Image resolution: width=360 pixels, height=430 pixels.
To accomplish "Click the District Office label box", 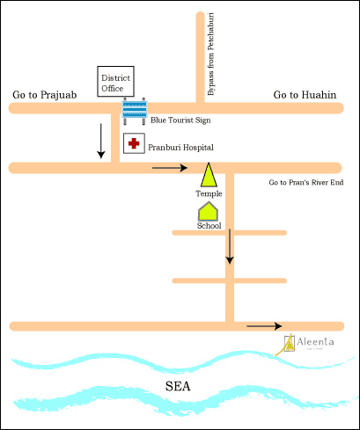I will pos(115,84).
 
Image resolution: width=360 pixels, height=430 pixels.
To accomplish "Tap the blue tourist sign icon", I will pos(134,111).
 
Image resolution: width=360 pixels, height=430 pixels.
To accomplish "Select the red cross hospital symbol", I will pos(134,144).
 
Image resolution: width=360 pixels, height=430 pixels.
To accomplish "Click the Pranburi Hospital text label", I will pos(180,147).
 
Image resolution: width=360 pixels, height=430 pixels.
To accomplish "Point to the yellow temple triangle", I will pos(209,176).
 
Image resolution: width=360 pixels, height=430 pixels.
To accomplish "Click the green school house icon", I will pos(208,210).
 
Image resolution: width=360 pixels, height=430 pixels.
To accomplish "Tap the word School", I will pos(209,225).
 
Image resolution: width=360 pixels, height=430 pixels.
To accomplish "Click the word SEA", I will pos(180,386).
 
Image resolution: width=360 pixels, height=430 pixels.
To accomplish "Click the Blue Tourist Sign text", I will pos(188,119).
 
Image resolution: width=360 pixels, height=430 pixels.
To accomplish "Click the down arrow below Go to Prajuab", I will pos(101,141).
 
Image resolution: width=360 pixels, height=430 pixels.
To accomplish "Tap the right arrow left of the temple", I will pos(170,166).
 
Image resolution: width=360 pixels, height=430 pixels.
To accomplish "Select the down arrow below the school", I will pos(230,245).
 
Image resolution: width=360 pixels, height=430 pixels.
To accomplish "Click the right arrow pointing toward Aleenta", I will pos(264,326).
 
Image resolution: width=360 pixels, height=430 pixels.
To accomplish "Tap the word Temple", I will pos(209,193).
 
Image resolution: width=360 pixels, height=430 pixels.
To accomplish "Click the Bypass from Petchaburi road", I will pos(195,53).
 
